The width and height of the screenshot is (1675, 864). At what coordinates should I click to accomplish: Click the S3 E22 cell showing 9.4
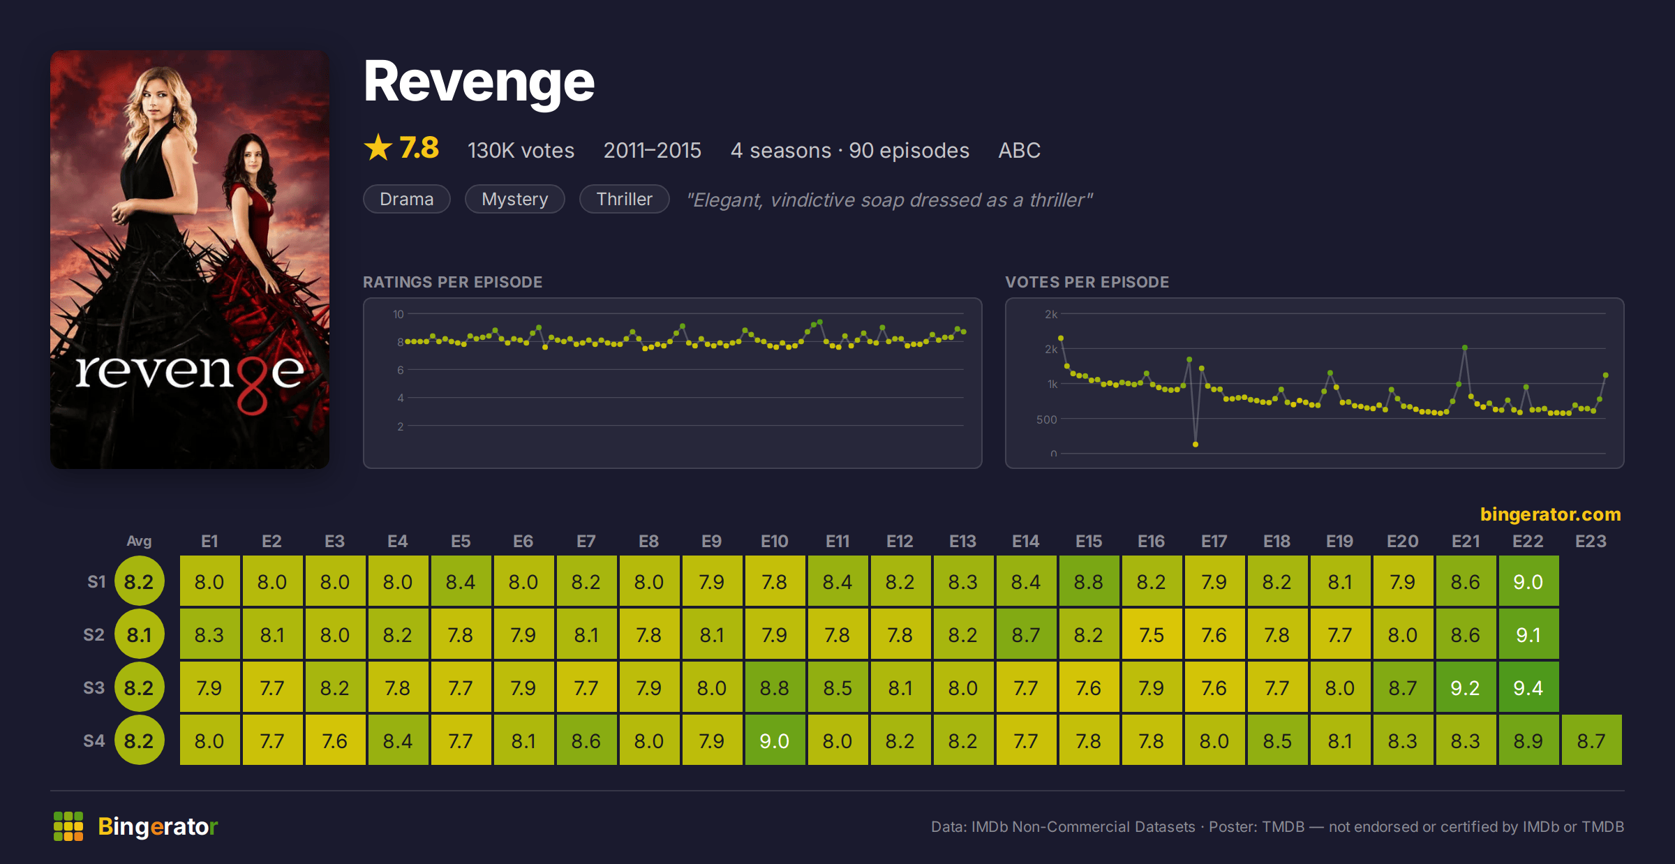point(1528,687)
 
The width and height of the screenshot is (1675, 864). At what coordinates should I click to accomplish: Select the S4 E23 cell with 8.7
point(1591,740)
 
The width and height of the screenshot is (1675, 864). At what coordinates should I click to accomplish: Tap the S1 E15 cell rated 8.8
point(1089,581)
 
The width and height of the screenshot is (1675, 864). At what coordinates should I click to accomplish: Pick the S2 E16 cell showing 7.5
point(1152,634)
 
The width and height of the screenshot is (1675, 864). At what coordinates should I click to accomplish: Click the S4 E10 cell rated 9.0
point(775,740)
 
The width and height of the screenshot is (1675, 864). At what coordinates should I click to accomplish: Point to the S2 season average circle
point(140,634)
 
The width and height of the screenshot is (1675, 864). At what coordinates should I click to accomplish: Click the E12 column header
point(900,541)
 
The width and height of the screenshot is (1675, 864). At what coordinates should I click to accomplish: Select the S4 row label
point(94,740)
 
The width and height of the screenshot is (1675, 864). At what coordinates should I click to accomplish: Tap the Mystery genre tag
point(515,199)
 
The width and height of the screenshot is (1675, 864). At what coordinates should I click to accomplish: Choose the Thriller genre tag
point(625,199)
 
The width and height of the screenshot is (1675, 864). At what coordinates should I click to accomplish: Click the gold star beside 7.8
point(378,147)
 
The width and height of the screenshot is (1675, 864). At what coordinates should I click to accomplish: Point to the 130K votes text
point(521,150)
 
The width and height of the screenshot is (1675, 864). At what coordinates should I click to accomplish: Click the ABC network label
point(1019,150)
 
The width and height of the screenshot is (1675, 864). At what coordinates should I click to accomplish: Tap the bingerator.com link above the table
point(1550,514)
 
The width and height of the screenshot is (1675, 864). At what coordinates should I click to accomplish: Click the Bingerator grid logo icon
point(68,826)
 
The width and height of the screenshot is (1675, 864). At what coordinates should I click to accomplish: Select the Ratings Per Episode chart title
point(452,282)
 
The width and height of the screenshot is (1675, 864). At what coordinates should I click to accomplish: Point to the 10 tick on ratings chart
point(399,314)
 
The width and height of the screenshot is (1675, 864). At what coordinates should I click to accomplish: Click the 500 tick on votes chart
point(1047,419)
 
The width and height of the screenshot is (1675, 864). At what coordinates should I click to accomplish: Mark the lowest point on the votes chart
point(1196,445)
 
